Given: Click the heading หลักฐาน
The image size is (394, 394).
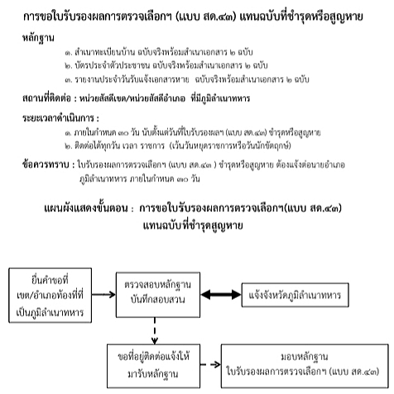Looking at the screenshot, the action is (38, 37).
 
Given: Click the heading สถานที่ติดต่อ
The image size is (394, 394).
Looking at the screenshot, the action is (46, 98).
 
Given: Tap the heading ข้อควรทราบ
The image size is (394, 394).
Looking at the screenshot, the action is (46, 165).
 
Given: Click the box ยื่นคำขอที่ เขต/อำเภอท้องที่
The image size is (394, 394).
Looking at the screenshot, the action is (50, 295).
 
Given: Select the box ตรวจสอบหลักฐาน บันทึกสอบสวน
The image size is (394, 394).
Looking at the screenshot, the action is (158, 295).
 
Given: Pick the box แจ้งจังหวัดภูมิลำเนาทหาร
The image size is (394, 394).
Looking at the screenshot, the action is (295, 295).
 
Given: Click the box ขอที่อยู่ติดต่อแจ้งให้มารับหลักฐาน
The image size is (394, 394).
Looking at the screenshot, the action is (153, 366).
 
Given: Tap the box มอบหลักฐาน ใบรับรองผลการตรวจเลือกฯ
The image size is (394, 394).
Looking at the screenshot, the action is (305, 366).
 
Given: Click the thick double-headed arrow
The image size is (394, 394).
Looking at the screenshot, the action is (221, 295).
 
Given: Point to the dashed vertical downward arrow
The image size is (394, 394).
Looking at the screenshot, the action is (155, 331).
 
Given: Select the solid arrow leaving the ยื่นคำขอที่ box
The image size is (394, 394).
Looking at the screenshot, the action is (103, 295).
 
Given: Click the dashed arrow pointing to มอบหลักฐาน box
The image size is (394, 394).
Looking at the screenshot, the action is (210, 365).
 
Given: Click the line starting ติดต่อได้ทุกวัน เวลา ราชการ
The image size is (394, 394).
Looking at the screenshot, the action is (178, 146).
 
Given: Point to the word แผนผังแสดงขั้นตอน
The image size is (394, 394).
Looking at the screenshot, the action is (86, 208).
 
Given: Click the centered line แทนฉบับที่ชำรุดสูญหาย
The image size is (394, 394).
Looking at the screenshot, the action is (193, 225).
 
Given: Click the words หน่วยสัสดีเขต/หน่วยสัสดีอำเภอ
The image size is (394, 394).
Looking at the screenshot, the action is (132, 98).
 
